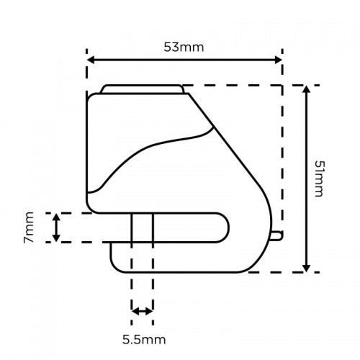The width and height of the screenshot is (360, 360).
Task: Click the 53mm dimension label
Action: [x=184, y=48]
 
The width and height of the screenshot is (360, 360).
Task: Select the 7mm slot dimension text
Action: [x=30, y=228]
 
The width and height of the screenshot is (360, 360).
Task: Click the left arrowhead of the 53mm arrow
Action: [x=91, y=61]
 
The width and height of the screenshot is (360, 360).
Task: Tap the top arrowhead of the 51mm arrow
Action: [x=307, y=90]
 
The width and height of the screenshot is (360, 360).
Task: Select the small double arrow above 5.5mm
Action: [x=142, y=311]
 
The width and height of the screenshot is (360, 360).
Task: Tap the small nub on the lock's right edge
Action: [x=278, y=235]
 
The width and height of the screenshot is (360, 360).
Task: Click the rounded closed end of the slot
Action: [x=224, y=228]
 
